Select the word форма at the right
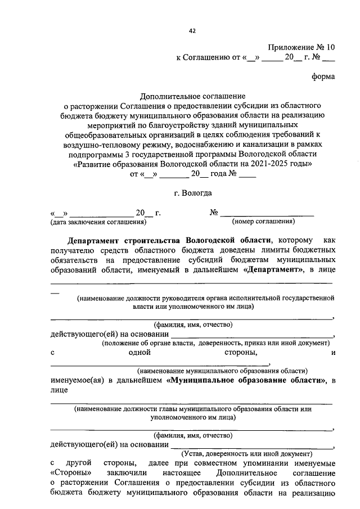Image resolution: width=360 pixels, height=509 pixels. (x=323, y=76)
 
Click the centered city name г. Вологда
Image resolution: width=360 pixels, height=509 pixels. (x=192, y=193)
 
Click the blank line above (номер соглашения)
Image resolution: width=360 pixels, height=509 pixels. (x=267, y=214)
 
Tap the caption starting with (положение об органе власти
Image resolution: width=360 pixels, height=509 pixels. (x=217, y=343)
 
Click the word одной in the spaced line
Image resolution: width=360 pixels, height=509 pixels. (x=139, y=353)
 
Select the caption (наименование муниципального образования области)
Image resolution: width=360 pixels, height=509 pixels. (x=223, y=371)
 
